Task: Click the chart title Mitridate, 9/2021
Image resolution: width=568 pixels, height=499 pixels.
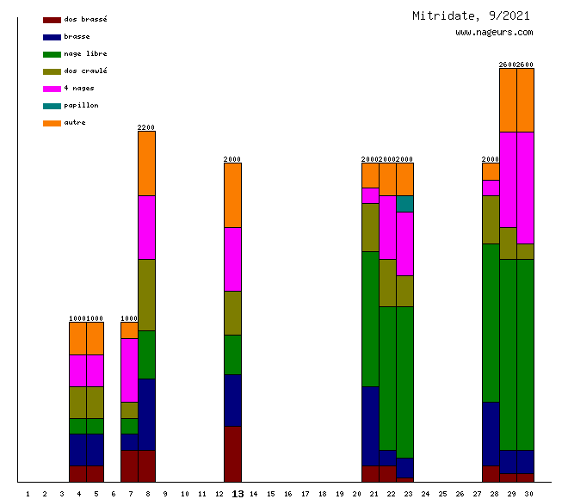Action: point(471,15)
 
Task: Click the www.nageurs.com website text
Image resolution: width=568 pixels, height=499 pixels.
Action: point(494,33)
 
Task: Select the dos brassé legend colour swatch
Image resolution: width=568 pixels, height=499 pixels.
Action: point(52,20)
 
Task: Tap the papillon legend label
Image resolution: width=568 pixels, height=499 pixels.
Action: point(81,105)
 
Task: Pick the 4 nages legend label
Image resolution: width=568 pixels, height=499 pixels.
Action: point(79,88)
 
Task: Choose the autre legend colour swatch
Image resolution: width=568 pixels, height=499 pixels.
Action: point(52,123)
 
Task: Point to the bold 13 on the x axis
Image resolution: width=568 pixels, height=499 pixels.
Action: point(238,494)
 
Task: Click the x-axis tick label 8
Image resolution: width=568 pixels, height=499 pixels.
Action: point(148,494)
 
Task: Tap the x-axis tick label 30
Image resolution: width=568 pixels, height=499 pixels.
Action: point(528,494)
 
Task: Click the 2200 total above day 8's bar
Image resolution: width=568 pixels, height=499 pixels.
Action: point(146,127)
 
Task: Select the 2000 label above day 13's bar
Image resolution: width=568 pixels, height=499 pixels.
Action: point(232,159)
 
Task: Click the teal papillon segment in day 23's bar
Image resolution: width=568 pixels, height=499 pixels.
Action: point(404,203)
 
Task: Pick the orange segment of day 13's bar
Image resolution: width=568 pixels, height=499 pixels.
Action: point(232,194)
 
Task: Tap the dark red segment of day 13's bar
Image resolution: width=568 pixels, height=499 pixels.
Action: point(232,453)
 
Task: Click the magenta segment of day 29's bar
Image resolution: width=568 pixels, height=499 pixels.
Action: point(508,179)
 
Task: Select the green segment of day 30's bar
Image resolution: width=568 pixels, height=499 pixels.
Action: point(525,354)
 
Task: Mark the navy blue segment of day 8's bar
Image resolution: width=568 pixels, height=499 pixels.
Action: point(146,414)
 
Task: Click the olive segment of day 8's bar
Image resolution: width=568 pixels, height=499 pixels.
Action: point(146,294)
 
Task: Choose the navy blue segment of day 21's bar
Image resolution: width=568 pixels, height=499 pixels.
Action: point(370,426)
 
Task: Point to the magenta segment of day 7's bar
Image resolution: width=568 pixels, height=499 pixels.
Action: point(129,370)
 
